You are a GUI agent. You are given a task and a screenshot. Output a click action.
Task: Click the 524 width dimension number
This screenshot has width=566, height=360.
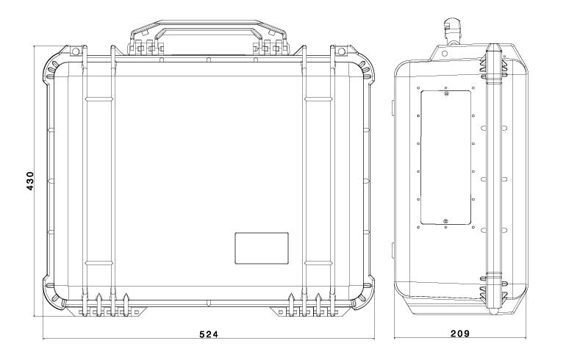click(x=209, y=334)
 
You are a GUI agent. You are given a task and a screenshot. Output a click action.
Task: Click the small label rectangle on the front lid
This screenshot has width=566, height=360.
click(x=262, y=248)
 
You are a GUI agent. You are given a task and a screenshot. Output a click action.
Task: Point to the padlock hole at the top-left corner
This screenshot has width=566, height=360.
click(x=74, y=51)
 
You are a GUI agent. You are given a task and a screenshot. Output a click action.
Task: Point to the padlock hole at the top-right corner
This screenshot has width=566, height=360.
click(x=341, y=51)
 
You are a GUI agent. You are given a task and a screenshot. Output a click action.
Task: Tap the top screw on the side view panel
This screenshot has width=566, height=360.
click(x=446, y=93)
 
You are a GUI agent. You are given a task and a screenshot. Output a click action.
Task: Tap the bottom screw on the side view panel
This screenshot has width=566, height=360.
click(x=446, y=220)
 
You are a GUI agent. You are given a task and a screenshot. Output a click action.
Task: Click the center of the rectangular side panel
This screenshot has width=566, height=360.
click(x=446, y=156)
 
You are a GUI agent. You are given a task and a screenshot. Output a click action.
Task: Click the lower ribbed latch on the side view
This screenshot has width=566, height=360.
click(x=495, y=288)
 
